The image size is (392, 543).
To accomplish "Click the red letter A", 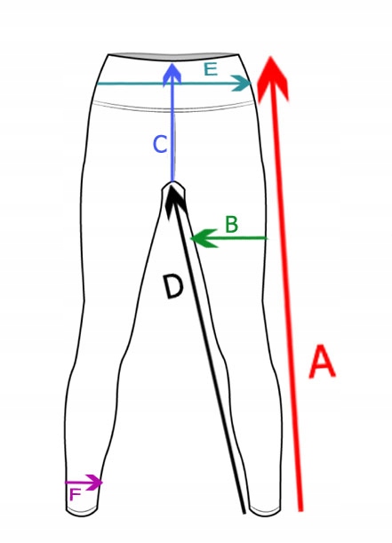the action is click(x=322, y=361).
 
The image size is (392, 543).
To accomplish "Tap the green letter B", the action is click(x=231, y=224).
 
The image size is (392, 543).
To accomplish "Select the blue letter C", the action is click(x=160, y=144).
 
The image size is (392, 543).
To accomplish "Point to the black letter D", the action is click(x=172, y=285).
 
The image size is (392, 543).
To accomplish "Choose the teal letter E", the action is click(x=211, y=69).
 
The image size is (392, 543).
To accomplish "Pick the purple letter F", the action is click(x=75, y=494).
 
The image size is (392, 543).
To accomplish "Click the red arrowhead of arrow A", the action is click(x=273, y=80).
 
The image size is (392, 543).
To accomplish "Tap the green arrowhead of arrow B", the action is click(x=204, y=238).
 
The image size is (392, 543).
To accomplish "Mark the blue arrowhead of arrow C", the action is click(x=172, y=74).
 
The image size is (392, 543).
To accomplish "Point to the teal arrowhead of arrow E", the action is click(x=242, y=84).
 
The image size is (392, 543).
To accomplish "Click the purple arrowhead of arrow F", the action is click(x=94, y=482).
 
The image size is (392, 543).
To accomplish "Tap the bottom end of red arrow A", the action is click(x=300, y=510).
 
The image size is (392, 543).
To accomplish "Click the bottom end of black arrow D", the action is click(x=244, y=512).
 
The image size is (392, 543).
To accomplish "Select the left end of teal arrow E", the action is click(x=98, y=84).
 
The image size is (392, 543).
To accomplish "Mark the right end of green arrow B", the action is click(x=267, y=238).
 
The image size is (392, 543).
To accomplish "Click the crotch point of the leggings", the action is click(x=173, y=183).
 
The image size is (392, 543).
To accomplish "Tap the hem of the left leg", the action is click(x=82, y=510).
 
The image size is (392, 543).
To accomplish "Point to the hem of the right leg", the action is click(x=265, y=511).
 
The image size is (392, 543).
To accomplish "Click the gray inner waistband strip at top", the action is click(x=173, y=55).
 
